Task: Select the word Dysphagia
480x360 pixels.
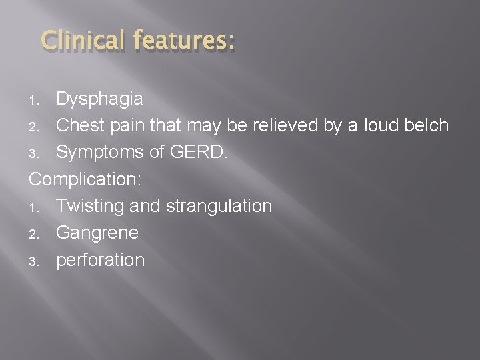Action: pyautogui.click(x=99, y=100)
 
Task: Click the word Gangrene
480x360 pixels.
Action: pyautogui.click(x=97, y=233)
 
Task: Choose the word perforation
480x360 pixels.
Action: pyautogui.click(x=101, y=259)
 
